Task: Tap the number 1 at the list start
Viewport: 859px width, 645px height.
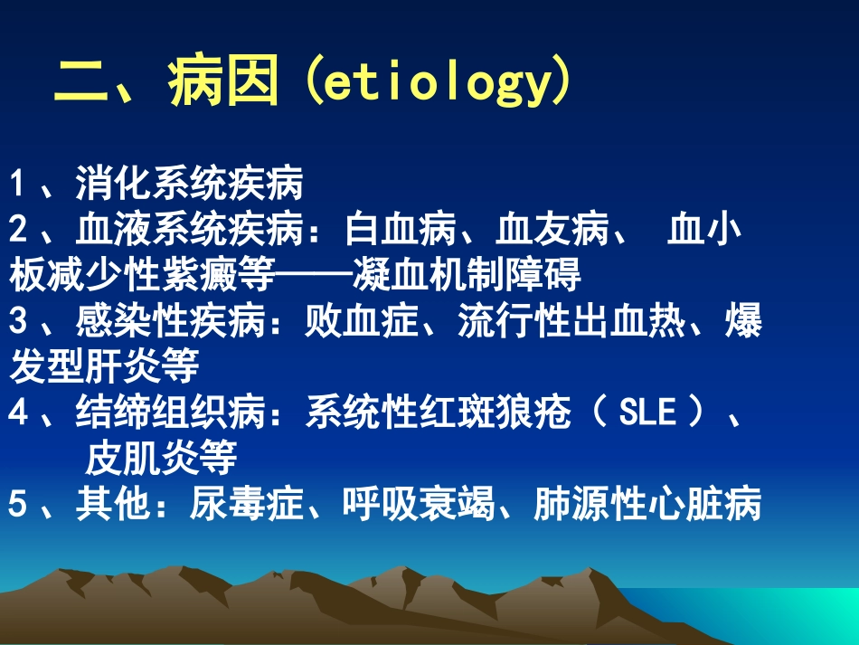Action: click(x=16, y=185)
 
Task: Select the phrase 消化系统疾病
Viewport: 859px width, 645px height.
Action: click(x=189, y=185)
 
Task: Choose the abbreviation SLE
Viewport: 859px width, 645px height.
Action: click(x=647, y=413)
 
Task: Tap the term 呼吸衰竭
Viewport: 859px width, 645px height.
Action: click(x=418, y=504)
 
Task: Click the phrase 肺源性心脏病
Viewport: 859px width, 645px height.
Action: click(x=647, y=504)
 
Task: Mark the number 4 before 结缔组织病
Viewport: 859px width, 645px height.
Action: click(x=17, y=413)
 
